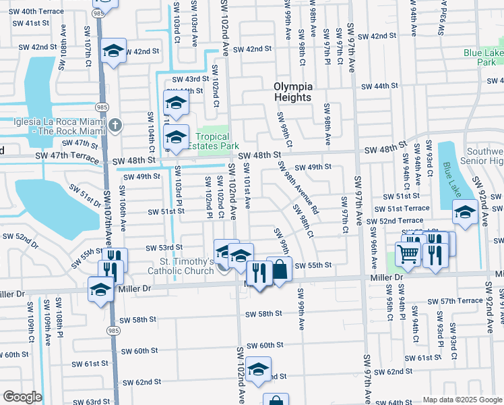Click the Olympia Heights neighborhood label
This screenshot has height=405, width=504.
tap(293, 92)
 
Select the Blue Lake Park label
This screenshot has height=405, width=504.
tap(483, 57)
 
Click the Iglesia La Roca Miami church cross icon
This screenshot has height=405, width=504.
tap(115, 125)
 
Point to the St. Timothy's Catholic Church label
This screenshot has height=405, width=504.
tap(181, 266)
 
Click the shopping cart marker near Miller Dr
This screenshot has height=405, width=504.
tap(408, 254)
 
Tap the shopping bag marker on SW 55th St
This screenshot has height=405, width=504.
tap(279, 269)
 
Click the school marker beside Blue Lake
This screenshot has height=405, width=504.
tap(465, 213)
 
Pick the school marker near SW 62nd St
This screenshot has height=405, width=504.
tap(258, 369)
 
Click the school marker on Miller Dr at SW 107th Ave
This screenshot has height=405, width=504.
tap(100, 289)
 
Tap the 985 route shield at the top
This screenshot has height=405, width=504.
tap(99, 13)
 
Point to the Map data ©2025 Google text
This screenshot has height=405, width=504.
tap(462, 400)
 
